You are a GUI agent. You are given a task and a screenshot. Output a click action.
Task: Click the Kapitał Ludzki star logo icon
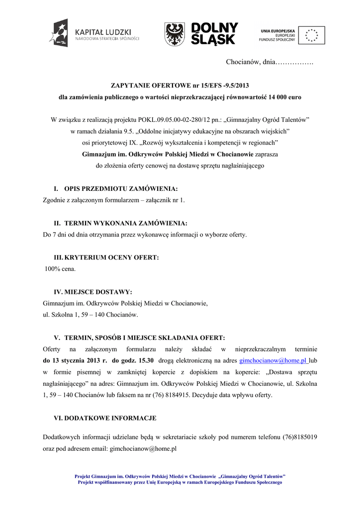tap(58, 33)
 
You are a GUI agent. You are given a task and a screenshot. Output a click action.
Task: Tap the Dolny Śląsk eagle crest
tap(175, 34)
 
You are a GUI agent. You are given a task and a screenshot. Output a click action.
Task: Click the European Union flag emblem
tap(312, 34)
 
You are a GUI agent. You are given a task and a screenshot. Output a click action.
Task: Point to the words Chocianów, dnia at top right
tap(251, 62)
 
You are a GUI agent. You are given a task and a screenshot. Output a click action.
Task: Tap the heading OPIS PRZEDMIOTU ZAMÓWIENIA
tap(121, 189)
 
